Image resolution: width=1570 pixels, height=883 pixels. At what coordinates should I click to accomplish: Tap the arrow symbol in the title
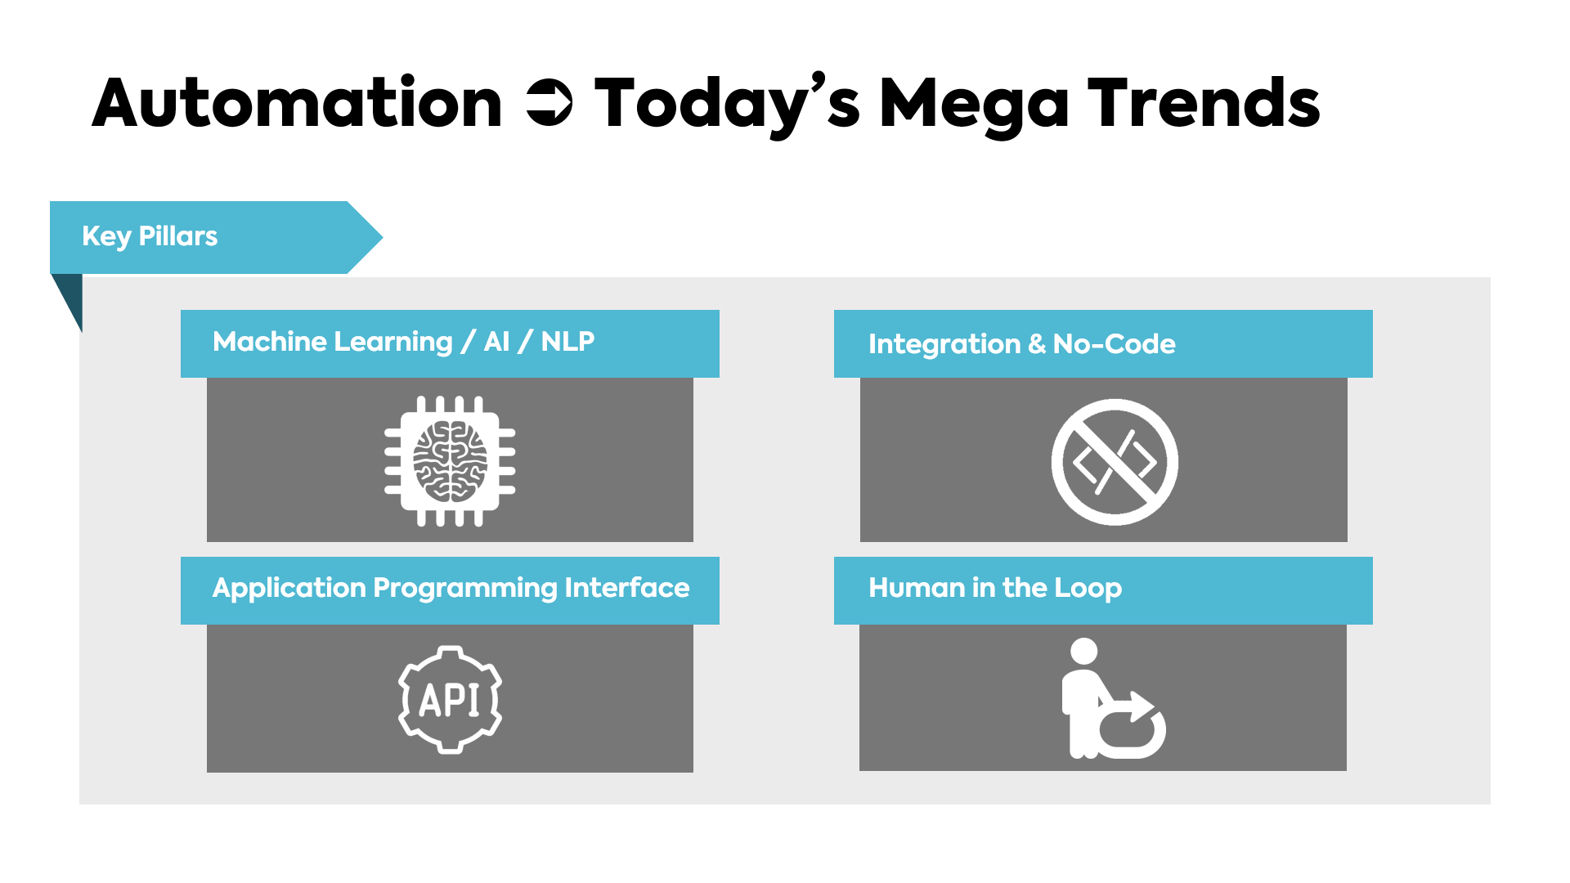pyautogui.click(x=549, y=103)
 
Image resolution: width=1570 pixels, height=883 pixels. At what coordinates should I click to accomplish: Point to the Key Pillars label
pyautogui.click(x=150, y=236)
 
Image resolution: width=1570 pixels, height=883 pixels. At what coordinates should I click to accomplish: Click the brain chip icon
pyautogui.click(x=450, y=461)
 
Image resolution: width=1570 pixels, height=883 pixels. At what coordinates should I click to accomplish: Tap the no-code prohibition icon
pyautogui.click(x=1115, y=462)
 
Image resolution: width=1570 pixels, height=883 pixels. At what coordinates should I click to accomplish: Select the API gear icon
pyautogui.click(x=450, y=699)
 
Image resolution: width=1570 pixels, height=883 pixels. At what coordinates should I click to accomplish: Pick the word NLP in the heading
pyautogui.click(x=567, y=341)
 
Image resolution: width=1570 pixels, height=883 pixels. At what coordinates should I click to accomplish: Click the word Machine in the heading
pyautogui.click(x=270, y=341)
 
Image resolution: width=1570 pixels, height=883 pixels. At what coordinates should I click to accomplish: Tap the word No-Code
pyautogui.click(x=1115, y=344)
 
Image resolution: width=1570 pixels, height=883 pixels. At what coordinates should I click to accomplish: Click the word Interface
pyautogui.click(x=627, y=588)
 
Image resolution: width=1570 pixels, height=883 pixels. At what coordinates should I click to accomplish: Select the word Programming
pyautogui.click(x=465, y=589)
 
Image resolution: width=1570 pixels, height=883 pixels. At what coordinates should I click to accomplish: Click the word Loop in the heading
pyautogui.click(x=1088, y=589)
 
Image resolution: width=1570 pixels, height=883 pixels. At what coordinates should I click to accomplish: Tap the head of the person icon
pyautogui.click(x=1084, y=651)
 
